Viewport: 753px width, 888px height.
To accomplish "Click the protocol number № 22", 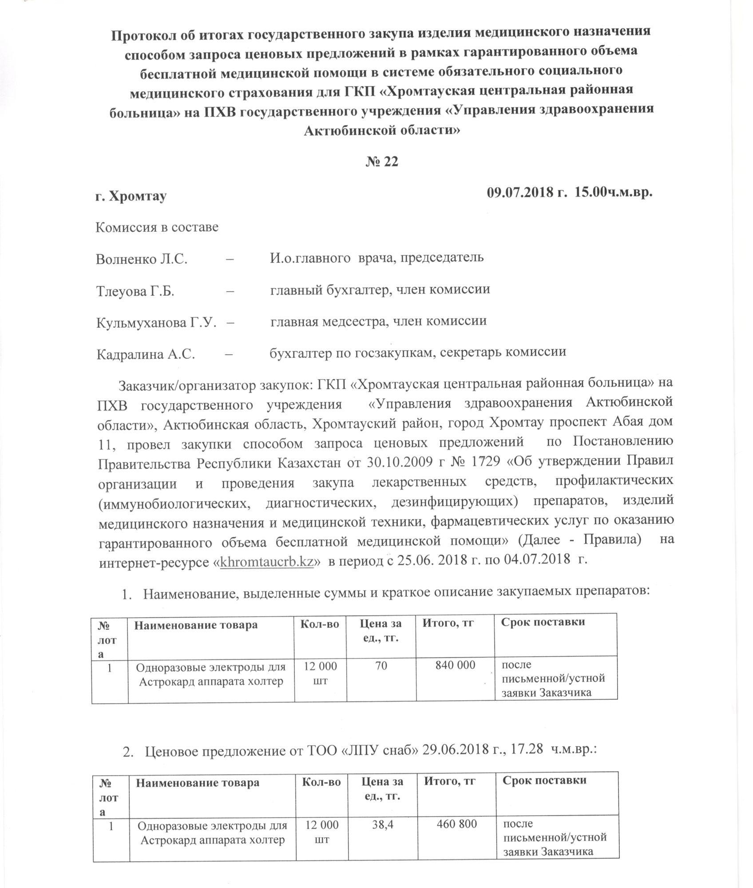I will click(x=382, y=162).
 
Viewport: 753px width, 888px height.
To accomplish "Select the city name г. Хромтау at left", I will click(x=131, y=196).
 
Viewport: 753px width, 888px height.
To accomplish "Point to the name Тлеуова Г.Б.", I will click(x=135, y=292).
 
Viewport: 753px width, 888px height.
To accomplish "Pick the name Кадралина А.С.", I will click(x=146, y=355).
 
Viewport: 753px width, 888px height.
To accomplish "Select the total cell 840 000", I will click(x=456, y=665).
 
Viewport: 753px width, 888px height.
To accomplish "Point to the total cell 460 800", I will click(x=457, y=824).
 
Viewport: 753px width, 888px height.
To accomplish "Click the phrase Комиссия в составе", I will click(x=157, y=227).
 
